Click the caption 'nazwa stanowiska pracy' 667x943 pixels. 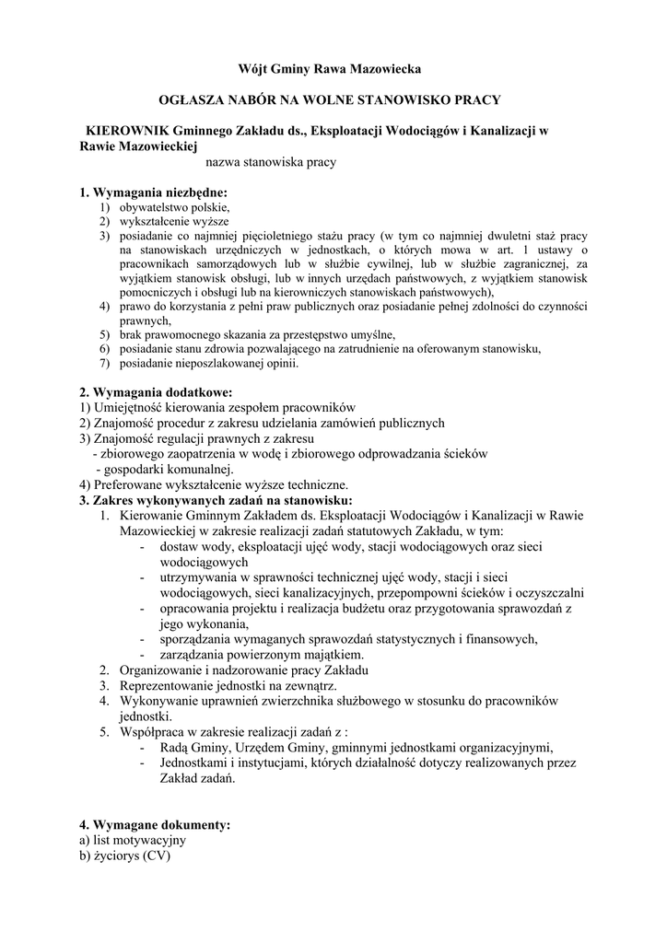[272, 162]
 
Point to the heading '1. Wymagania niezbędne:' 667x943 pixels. [153, 192]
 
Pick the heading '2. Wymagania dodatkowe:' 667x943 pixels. [155, 393]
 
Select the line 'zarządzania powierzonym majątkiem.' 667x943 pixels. [261, 654]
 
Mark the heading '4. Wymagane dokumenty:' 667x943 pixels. [155, 824]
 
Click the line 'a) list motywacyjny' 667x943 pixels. [133, 840]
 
